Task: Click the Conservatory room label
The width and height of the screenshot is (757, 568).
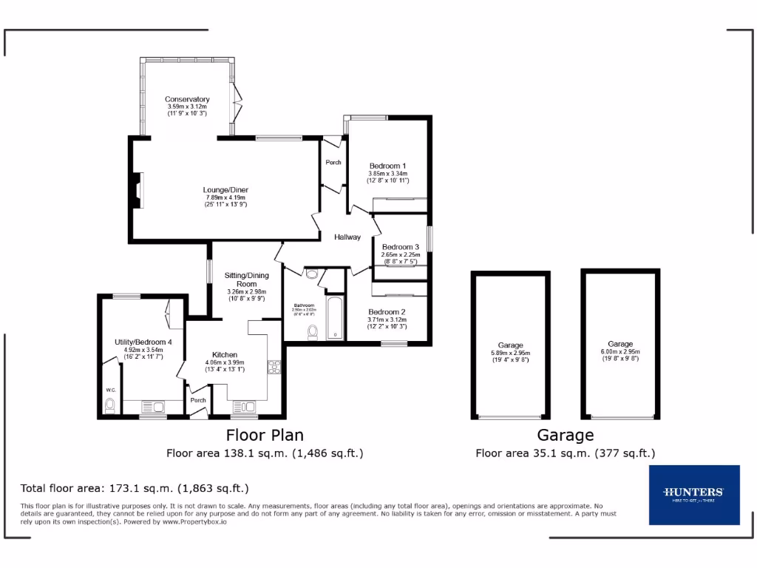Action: coord(187,99)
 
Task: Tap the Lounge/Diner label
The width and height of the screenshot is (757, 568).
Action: coord(226,190)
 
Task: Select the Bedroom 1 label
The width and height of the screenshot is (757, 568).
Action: coord(388,166)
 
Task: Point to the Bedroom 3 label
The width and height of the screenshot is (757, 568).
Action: coord(400,247)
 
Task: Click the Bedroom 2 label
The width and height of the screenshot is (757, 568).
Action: coord(387,312)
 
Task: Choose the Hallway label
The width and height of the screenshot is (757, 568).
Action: coord(347,237)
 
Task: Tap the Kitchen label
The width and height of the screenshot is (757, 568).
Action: coord(225,355)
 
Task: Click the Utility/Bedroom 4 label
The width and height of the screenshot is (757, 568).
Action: coord(143,342)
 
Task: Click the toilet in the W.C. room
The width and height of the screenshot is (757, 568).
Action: coord(111,405)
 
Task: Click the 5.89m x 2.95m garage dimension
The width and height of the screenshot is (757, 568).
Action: coord(510,353)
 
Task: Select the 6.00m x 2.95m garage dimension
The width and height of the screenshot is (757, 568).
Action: coord(619,351)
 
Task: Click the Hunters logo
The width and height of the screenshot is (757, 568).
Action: coord(693,494)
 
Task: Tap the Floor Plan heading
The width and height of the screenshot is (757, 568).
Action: coord(265,435)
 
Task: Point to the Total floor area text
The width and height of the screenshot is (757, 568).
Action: coord(135,488)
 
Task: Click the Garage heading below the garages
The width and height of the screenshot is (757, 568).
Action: coord(565,435)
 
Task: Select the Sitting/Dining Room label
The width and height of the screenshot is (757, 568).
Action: coord(246,280)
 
